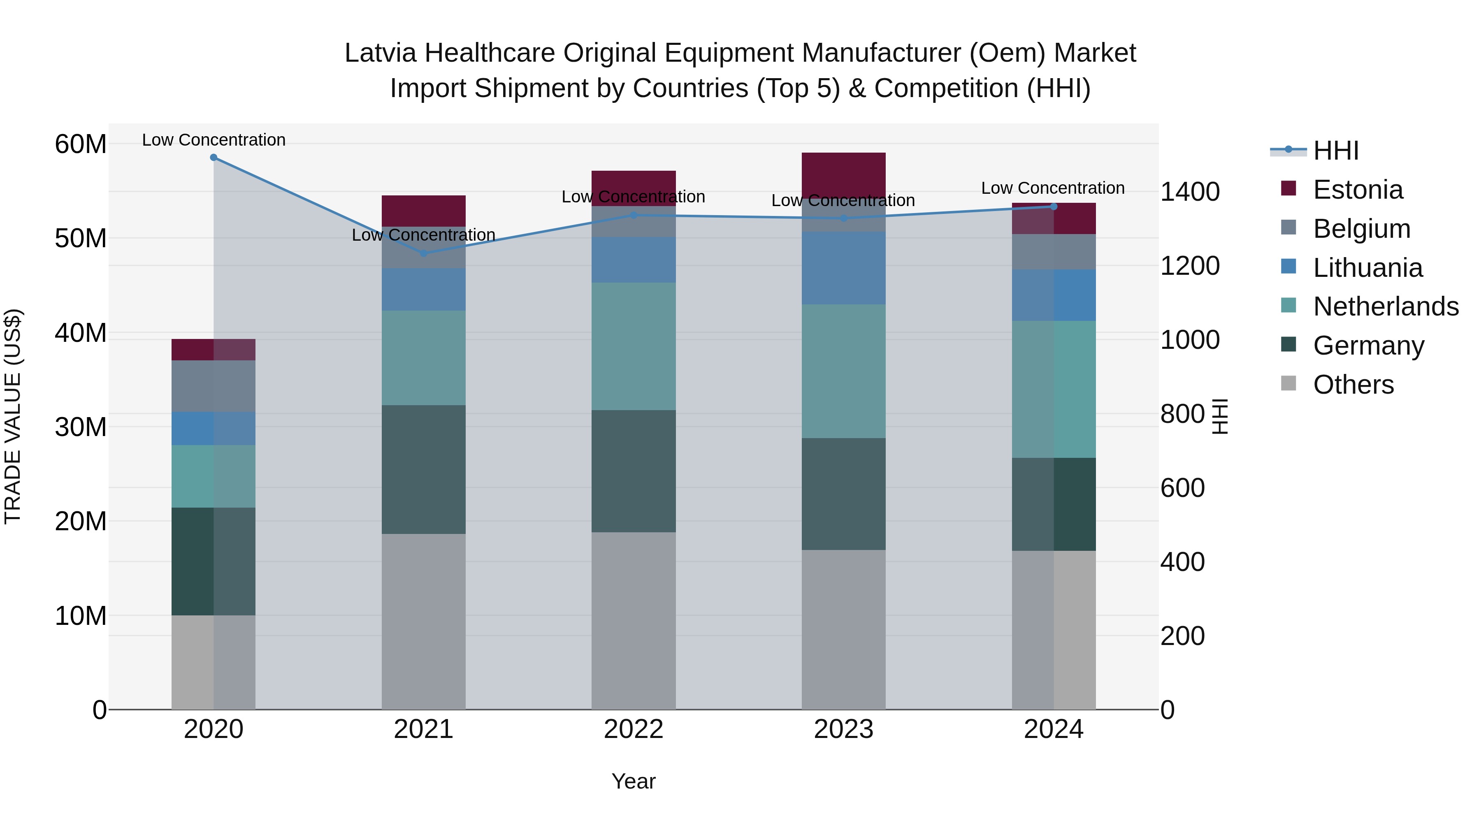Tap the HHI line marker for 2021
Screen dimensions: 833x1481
[x=424, y=253]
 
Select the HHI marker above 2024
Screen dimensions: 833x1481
[x=1054, y=207]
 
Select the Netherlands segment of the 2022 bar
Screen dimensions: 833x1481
[x=634, y=346]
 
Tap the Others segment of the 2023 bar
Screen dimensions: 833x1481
[x=843, y=629]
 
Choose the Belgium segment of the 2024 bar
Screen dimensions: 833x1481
[x=1054, y=252]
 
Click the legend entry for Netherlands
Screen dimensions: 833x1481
[x=1386, y=306]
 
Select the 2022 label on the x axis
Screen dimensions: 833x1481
[x=634, y=729]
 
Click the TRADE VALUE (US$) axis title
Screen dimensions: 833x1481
[x=13, y=416]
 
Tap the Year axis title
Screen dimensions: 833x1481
[x=634, y=781]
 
